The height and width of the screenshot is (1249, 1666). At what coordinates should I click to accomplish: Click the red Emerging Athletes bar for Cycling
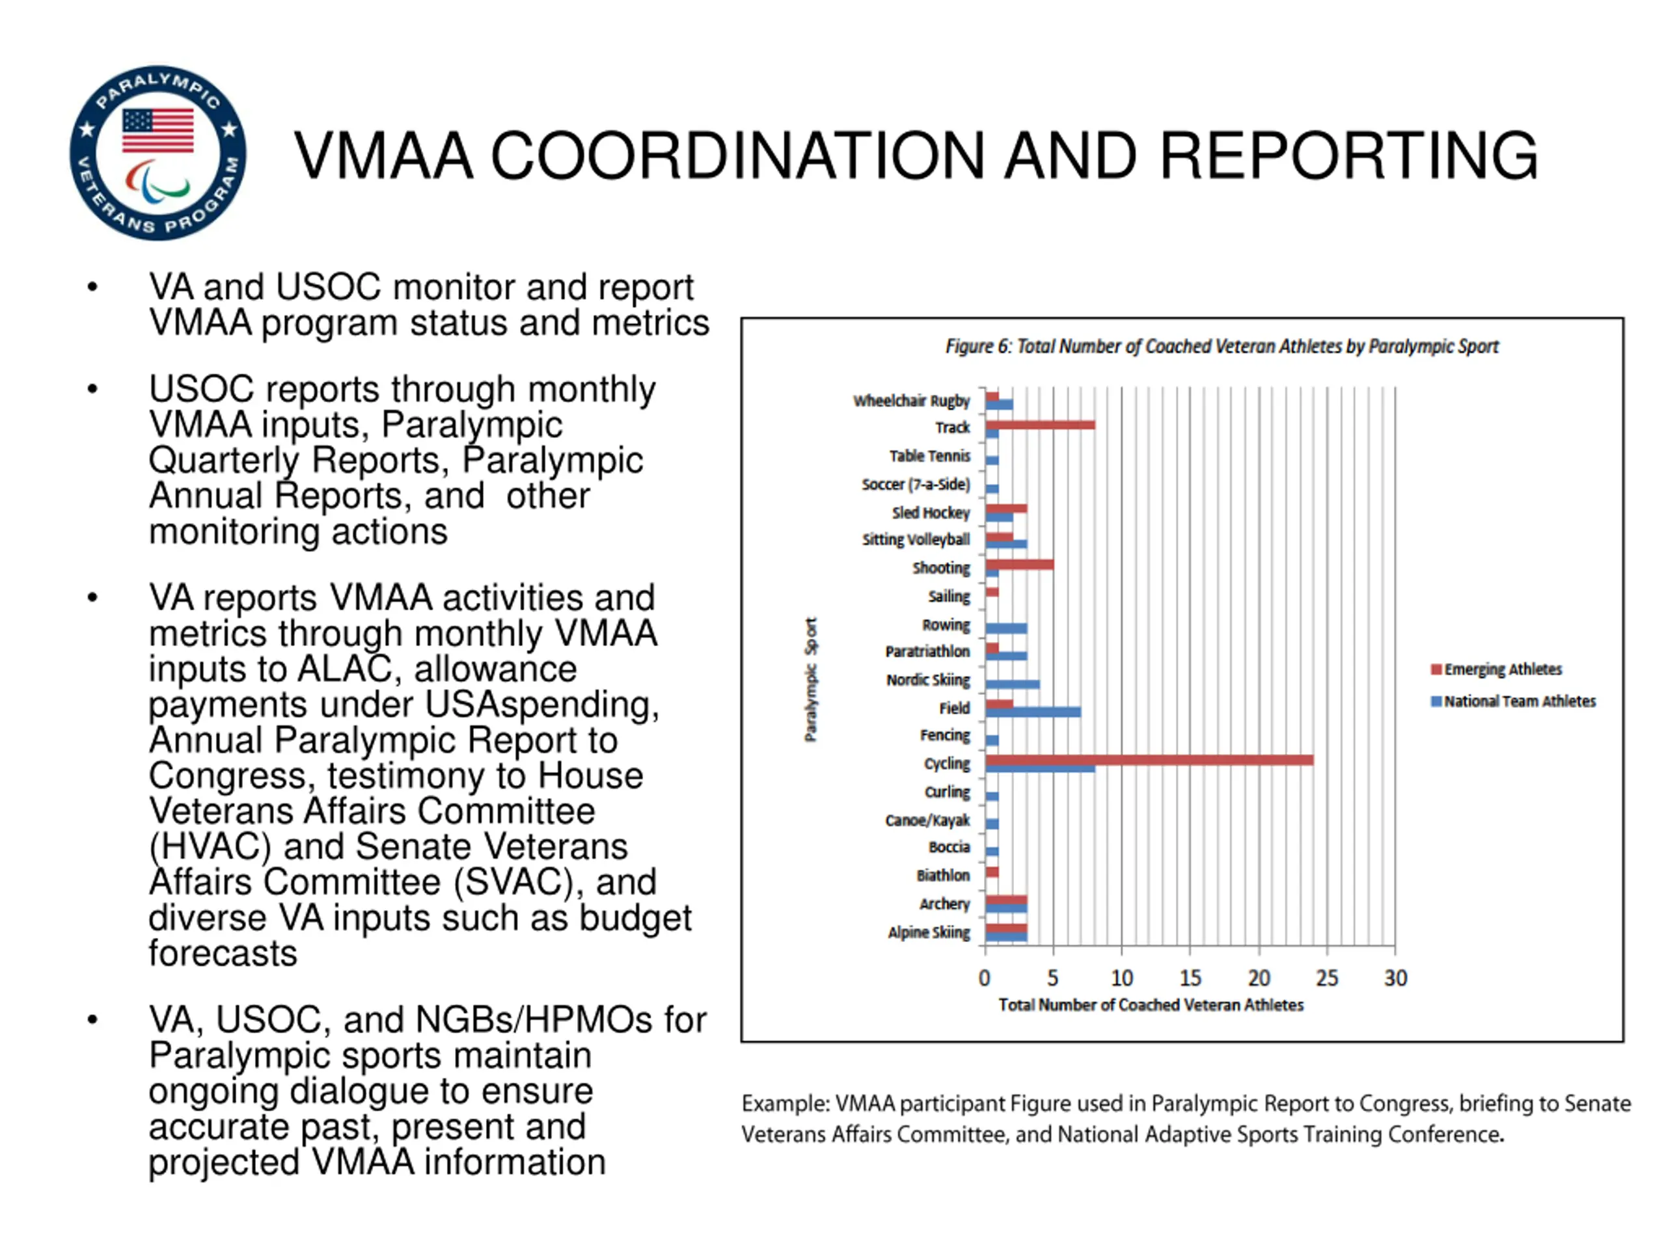[x=1149, y=760]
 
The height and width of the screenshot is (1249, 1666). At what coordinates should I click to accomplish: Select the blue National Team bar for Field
[x=1033, y=712]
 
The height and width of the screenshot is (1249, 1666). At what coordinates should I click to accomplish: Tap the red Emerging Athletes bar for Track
[x=1040, y=425]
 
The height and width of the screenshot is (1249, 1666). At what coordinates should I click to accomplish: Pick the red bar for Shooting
[x=1019, y=565]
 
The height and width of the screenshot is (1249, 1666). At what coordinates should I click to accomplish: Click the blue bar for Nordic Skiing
[x=1012, y=684]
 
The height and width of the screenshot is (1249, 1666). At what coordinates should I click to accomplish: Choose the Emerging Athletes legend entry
[x=1497, y=669]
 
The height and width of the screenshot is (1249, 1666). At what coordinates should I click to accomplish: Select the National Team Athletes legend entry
[x=1513, y=701]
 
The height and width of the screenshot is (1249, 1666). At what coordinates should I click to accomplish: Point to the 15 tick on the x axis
[x=1190, y=978]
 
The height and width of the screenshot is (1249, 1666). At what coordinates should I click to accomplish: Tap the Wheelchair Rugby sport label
[x=911, y=401]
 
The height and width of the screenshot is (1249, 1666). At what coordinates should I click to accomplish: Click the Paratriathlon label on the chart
[x=928, y=651]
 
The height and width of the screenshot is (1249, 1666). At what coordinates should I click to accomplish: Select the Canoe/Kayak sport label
[x=928, y=820]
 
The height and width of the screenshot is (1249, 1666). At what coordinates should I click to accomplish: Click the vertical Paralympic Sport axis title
[x=810, y=679]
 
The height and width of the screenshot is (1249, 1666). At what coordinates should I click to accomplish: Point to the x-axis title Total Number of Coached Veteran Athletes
[x=1151, y=1005]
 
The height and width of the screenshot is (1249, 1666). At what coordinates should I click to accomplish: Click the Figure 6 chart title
[x=1222, y=346]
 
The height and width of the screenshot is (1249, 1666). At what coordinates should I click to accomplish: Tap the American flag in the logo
[x=157, y=129]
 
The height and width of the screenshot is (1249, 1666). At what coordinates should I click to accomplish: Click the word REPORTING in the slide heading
[x=1348, y=156]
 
